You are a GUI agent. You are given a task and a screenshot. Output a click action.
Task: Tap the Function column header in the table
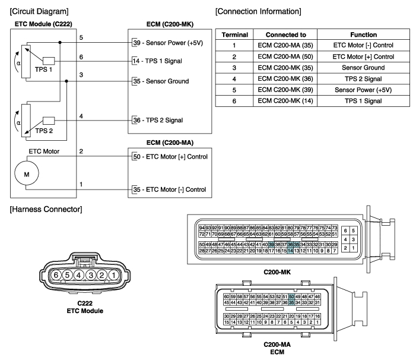click(x=356, y=35)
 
